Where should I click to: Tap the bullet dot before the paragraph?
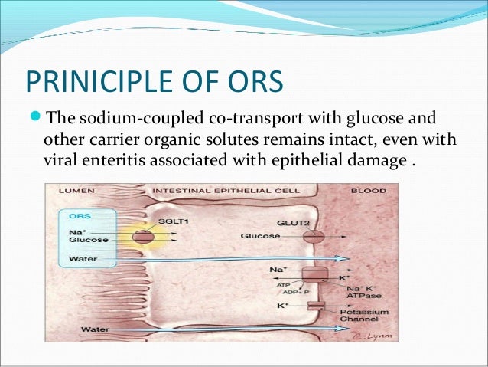34,117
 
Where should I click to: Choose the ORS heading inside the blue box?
79,216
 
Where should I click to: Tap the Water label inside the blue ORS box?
82,258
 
